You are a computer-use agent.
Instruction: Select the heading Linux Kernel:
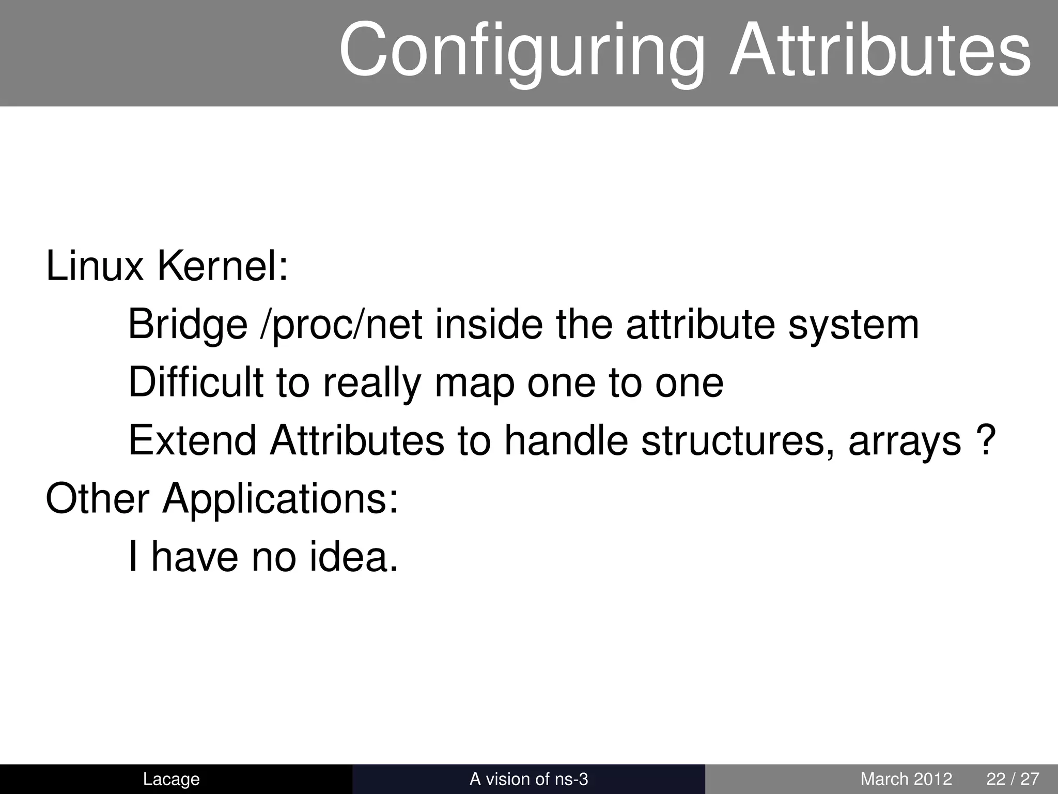coord(167,267)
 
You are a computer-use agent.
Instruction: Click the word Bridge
coord(188,325)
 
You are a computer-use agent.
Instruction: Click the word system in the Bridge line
coord(853,326)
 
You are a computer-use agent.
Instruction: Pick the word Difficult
coord(196,383)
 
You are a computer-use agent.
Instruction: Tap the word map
coord(474,384)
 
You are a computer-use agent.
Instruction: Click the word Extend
coord(192,440)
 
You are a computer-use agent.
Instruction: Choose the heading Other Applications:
coord(222,499)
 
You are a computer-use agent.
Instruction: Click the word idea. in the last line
coord(354,557)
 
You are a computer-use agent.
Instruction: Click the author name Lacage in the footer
coord(171,779)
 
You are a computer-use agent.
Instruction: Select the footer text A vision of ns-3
coord(528,779)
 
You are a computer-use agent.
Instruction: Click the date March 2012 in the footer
coord(906,779)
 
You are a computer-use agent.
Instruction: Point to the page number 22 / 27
coord(1013,779)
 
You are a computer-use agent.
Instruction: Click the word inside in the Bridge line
coord(489,325)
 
